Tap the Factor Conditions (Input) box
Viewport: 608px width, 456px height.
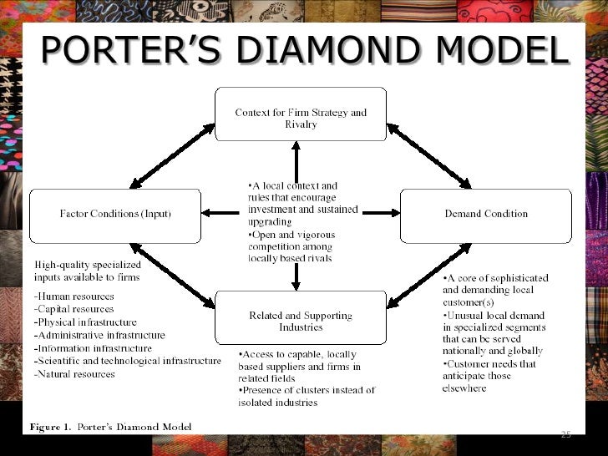pos(115,215)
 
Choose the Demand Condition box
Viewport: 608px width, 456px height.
pos(486,215)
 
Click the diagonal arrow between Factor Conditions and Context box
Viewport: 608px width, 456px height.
pos(172,155)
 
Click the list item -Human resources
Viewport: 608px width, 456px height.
pos(74,296)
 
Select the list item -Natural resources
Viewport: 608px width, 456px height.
pos(74,373)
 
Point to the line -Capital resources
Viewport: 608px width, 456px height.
pos(74,309)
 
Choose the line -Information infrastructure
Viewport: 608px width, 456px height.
pos(93,347)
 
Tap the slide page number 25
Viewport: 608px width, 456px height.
pos(565,433)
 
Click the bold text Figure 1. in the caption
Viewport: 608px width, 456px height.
pos(50,427)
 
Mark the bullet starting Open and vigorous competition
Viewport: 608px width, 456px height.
pos(291,246)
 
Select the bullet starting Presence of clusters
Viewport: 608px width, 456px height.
pos(307,396)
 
